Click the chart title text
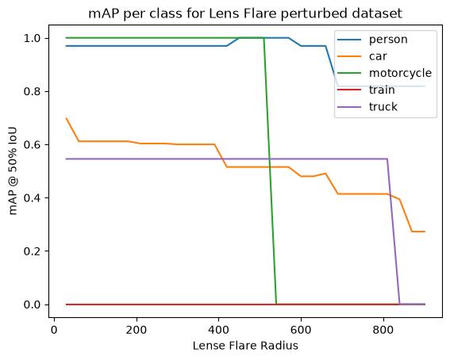pyautogui.click(x=245, y=13)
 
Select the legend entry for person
pyautogui.click(x=388, y=40)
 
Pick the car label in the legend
pyautogui.click(x=378, y=56)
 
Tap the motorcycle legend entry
pyautogui.click(x=400, y=74)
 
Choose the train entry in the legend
pyautogui.click(x=382, y=90)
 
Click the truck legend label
pyautogui.click(x=383, y=107)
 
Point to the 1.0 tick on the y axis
pyautogui.click(x=32, y=38)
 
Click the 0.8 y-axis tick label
pyautogui.click(x=32, y=91)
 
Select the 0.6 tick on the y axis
pyautogui.click(x=32, y=145)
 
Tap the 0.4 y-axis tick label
pyautogui.click(x=32, y=198)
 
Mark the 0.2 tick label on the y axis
pyautogui.click(x=32, y=251)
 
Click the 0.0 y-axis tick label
pyautogui.click(x=32, y=304)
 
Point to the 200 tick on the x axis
pyautogui.click(x=136, y=330)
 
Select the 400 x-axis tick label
pyautogui.click(x=219, y=330)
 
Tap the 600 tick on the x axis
pyautogui.click(x=301, y=330)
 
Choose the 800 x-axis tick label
pyautogui.click(x=383, y=330)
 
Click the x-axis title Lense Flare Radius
pyautogui.click(x=245, y=346)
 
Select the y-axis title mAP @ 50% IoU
pyautogui.click(x=13, y=171)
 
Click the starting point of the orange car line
pyautogui.click(x=67, y=118)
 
